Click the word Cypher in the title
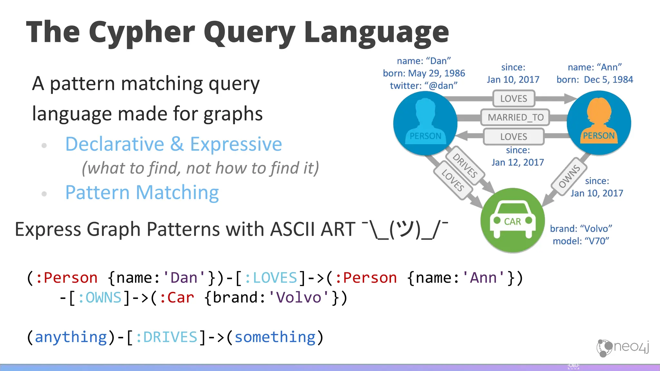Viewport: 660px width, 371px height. point(142,32)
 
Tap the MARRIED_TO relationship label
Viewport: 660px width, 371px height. point(515,117)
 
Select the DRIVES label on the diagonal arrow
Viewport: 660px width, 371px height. point(465,166)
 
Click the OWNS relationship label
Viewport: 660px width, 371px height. point(569,176)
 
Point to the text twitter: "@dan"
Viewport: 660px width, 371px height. point(423,86)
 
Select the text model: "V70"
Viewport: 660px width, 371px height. point(581,241)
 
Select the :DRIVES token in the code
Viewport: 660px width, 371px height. point(166,337)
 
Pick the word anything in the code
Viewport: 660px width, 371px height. point(71,337)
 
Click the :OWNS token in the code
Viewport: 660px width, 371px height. point(100,297)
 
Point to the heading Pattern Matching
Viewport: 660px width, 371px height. point(142,193)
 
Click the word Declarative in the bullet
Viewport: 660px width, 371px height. point(115,144)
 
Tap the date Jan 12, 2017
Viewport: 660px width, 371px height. point(518,162)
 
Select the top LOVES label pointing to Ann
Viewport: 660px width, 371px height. point(513,99)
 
